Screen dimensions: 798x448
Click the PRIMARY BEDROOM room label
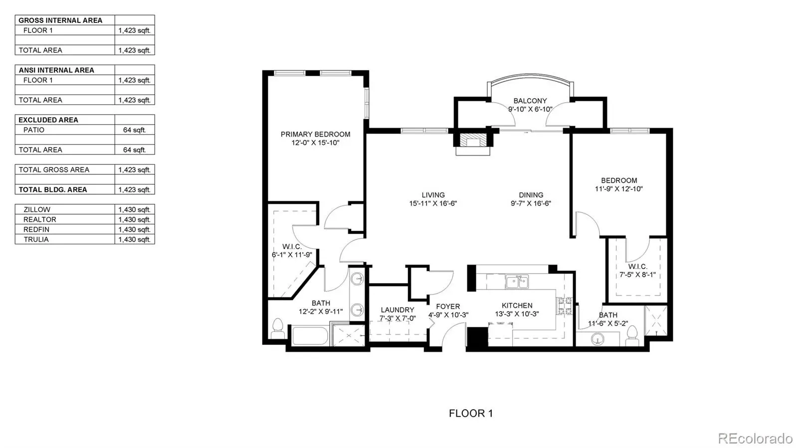click(x=315, y=134)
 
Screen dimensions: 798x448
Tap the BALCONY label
click(x=530, y=101)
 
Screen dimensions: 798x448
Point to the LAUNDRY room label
click(x=397, y=310)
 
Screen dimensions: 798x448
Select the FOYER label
click(x=448, y=306)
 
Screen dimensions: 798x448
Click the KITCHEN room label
click(x=517, y=305)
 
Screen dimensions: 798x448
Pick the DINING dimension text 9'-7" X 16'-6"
click(x=531, y=203)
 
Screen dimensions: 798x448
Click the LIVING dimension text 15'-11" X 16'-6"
click(x=433, y=203)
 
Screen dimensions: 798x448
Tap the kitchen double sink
click(x=517, y=282)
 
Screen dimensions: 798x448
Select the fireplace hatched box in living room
click(x=473, y=140)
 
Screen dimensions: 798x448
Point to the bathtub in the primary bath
click(x=310, y=335)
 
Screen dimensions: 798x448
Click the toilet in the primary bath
click(x=277, y=329)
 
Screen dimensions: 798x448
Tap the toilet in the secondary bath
click(x=631, y=335)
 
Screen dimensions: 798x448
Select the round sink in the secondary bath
click(x=598, y=339)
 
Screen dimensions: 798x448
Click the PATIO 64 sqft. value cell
click(x=134, y=130)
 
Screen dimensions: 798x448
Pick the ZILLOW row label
click(x=37, y=210)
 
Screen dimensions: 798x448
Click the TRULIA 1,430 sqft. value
click(x=134, y=240)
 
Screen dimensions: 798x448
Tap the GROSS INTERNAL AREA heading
click(x=60, y=20)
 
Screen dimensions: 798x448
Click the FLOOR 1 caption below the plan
click(x=471, y=413)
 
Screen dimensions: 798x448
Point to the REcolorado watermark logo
click(x=755, y=438)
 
